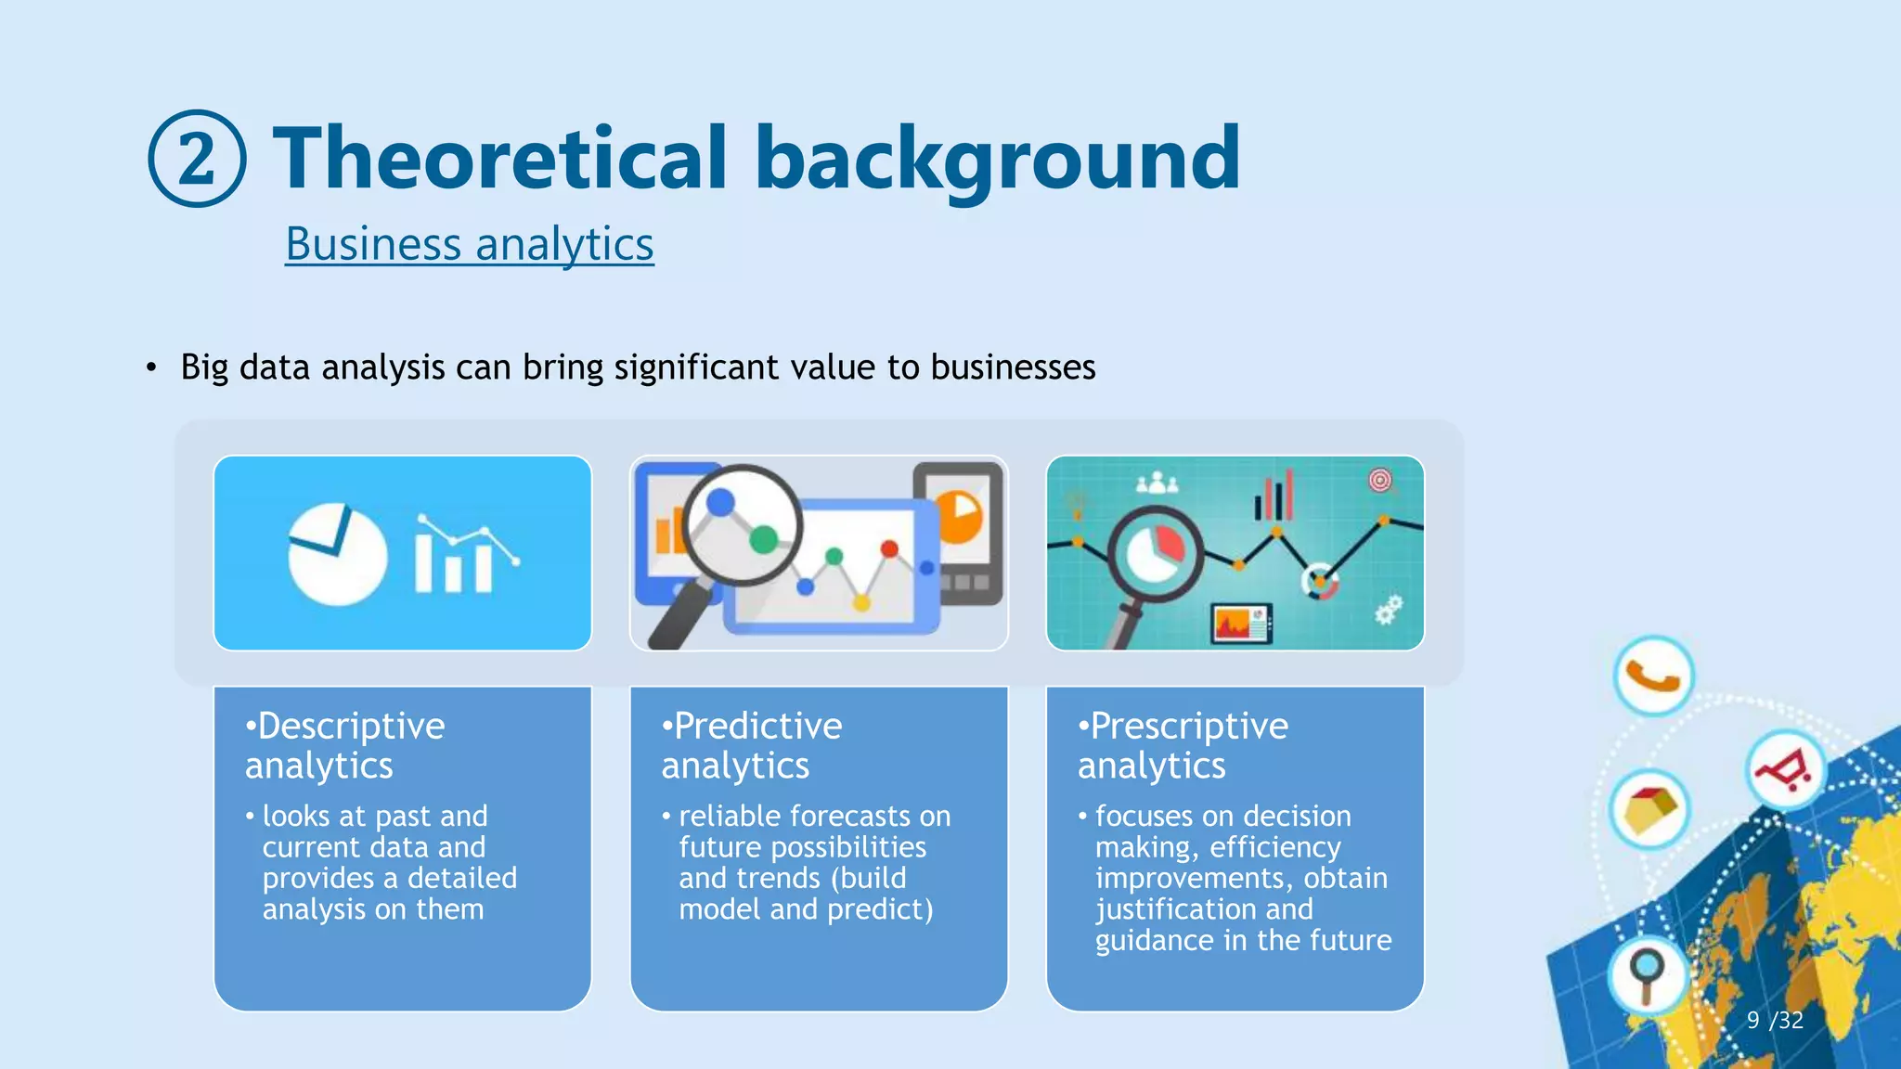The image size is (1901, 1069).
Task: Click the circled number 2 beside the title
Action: point(197,159)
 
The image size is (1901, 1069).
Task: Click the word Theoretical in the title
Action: point(499,159)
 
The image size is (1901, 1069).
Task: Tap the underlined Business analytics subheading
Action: point(469,244)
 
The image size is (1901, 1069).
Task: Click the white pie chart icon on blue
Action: point(336,554)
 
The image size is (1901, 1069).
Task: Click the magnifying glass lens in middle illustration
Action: point(742,524)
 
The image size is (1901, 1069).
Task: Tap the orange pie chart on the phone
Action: point(960,516)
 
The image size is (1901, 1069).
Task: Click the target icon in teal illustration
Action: point(1380,481)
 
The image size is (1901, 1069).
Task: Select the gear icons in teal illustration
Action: point(1388,610)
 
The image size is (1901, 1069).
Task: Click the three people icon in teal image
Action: point(1157,483)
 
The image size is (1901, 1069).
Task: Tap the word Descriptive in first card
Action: point(351,726)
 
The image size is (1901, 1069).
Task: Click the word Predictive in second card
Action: point(757,726)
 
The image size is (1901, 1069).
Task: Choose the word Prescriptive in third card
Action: point(1188,726)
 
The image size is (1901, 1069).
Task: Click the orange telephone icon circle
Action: point(1653,676)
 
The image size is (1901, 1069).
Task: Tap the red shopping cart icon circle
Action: point(1784,769)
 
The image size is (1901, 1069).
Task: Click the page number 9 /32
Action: point(1774,1020)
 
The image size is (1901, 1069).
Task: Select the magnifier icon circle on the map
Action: point(1647,973)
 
